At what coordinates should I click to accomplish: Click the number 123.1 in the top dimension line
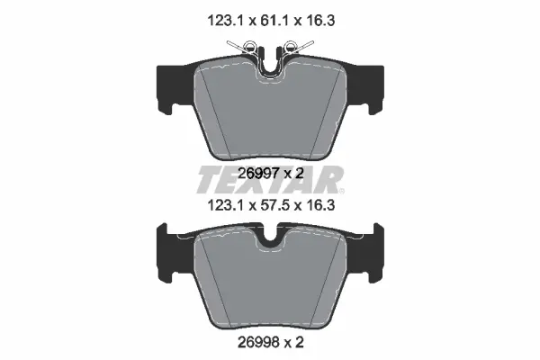225,21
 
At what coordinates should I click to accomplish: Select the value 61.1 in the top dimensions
274,21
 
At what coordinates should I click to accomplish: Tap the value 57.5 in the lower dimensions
274,206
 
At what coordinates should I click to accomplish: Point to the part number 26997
258,174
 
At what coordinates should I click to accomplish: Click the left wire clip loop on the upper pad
249,46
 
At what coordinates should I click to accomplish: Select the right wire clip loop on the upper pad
291,46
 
